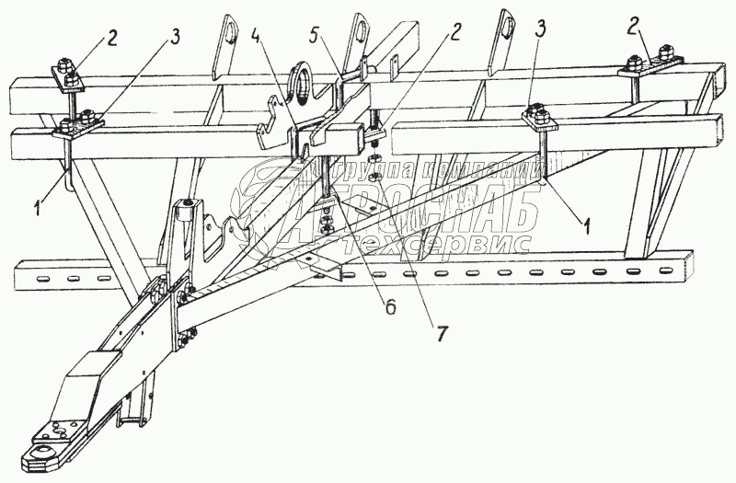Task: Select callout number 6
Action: (x=389, y=308)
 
